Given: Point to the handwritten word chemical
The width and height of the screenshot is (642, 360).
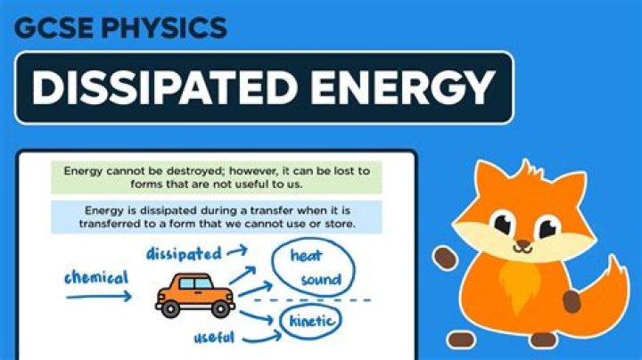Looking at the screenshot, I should (96, 279).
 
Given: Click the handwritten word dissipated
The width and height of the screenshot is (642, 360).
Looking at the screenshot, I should (184, 253).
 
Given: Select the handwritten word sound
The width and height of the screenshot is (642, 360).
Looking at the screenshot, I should (320, 280).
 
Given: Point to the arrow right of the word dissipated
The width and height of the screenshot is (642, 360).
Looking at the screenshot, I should (238, 252).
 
